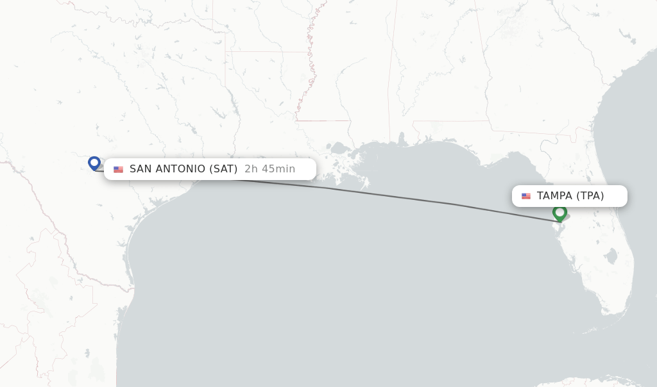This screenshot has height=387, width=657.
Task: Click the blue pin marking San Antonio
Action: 94,163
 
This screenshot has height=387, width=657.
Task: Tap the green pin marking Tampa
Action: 559,212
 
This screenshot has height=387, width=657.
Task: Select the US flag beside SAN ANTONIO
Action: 118,170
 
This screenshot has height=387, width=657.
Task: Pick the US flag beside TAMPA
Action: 526,196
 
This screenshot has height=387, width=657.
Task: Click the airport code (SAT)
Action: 223,169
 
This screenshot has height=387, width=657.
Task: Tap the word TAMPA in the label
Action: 554,196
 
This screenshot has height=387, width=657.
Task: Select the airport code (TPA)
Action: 590,196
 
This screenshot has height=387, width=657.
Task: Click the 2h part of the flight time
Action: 251,169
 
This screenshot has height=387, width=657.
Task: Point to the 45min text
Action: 278,169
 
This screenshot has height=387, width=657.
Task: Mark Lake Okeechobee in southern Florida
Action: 610,257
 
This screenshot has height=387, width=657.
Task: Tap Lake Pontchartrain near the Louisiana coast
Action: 339,149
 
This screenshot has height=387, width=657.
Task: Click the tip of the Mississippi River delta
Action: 366,185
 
